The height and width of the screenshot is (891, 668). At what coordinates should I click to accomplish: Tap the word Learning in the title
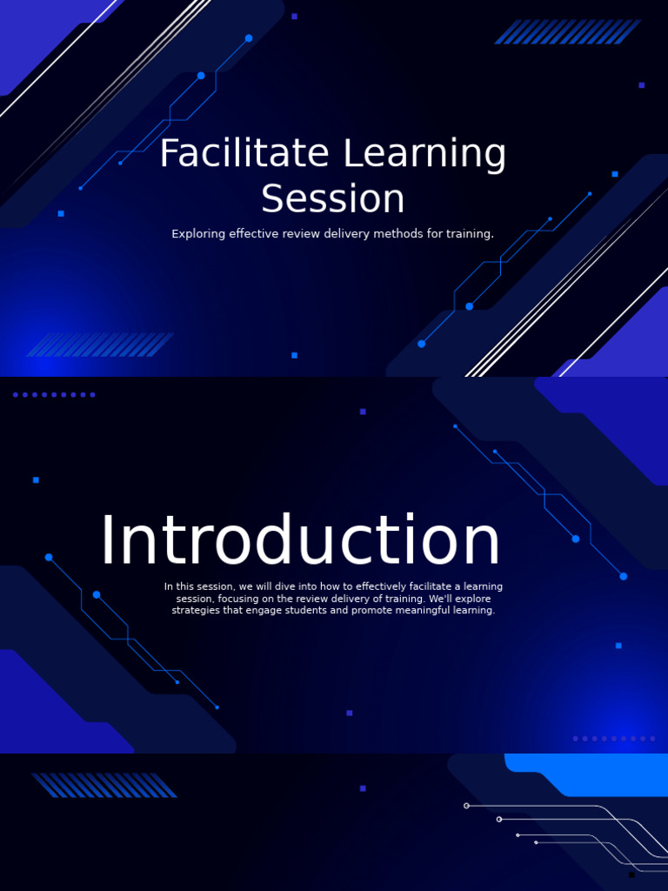[424, 155]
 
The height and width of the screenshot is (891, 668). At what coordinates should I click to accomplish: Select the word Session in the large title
[333, 199]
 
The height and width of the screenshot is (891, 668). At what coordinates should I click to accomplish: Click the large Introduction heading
[300, 542]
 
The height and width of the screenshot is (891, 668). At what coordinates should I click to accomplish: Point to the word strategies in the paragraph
[196, 611]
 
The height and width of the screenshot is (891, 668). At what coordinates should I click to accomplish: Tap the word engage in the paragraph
[262, 611]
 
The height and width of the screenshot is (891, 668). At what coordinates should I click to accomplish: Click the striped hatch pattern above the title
[567, 31]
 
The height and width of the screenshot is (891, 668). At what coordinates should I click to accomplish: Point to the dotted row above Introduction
[54, 395]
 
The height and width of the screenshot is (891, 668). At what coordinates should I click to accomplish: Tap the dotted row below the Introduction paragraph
[614, 739]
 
